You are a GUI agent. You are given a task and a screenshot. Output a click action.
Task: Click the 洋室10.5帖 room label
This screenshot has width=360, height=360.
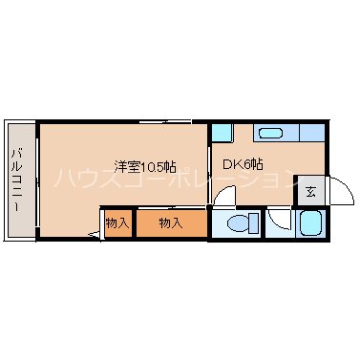[x=143, y=166]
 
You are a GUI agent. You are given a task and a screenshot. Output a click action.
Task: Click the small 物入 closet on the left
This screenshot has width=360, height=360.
[x=117, y=223]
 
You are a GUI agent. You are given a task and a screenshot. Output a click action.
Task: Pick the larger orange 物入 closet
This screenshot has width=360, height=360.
[x=170, y=223]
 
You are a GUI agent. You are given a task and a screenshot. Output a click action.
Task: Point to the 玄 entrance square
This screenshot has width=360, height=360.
[x=310, y=191]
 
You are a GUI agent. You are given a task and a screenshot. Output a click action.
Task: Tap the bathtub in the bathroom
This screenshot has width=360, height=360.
[x=310, y=225]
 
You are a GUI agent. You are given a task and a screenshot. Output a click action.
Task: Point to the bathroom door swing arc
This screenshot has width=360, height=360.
[x=278, y=220]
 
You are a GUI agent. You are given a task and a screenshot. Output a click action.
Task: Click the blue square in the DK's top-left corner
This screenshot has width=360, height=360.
[x=221, y=132]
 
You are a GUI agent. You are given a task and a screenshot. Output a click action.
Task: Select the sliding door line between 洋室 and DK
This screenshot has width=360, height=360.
[x=209, y=162]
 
